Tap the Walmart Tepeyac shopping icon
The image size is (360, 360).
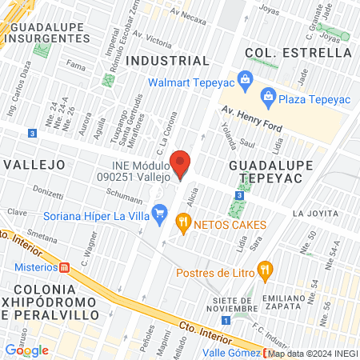245,78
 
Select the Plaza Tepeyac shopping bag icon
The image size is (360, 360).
268,98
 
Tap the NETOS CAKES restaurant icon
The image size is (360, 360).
184,224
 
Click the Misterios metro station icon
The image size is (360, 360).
64,266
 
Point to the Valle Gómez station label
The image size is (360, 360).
230,353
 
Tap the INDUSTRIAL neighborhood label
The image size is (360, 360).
168,60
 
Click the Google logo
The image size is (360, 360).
26,350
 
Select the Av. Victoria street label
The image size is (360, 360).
153,40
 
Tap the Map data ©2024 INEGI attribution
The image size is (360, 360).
313,354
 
